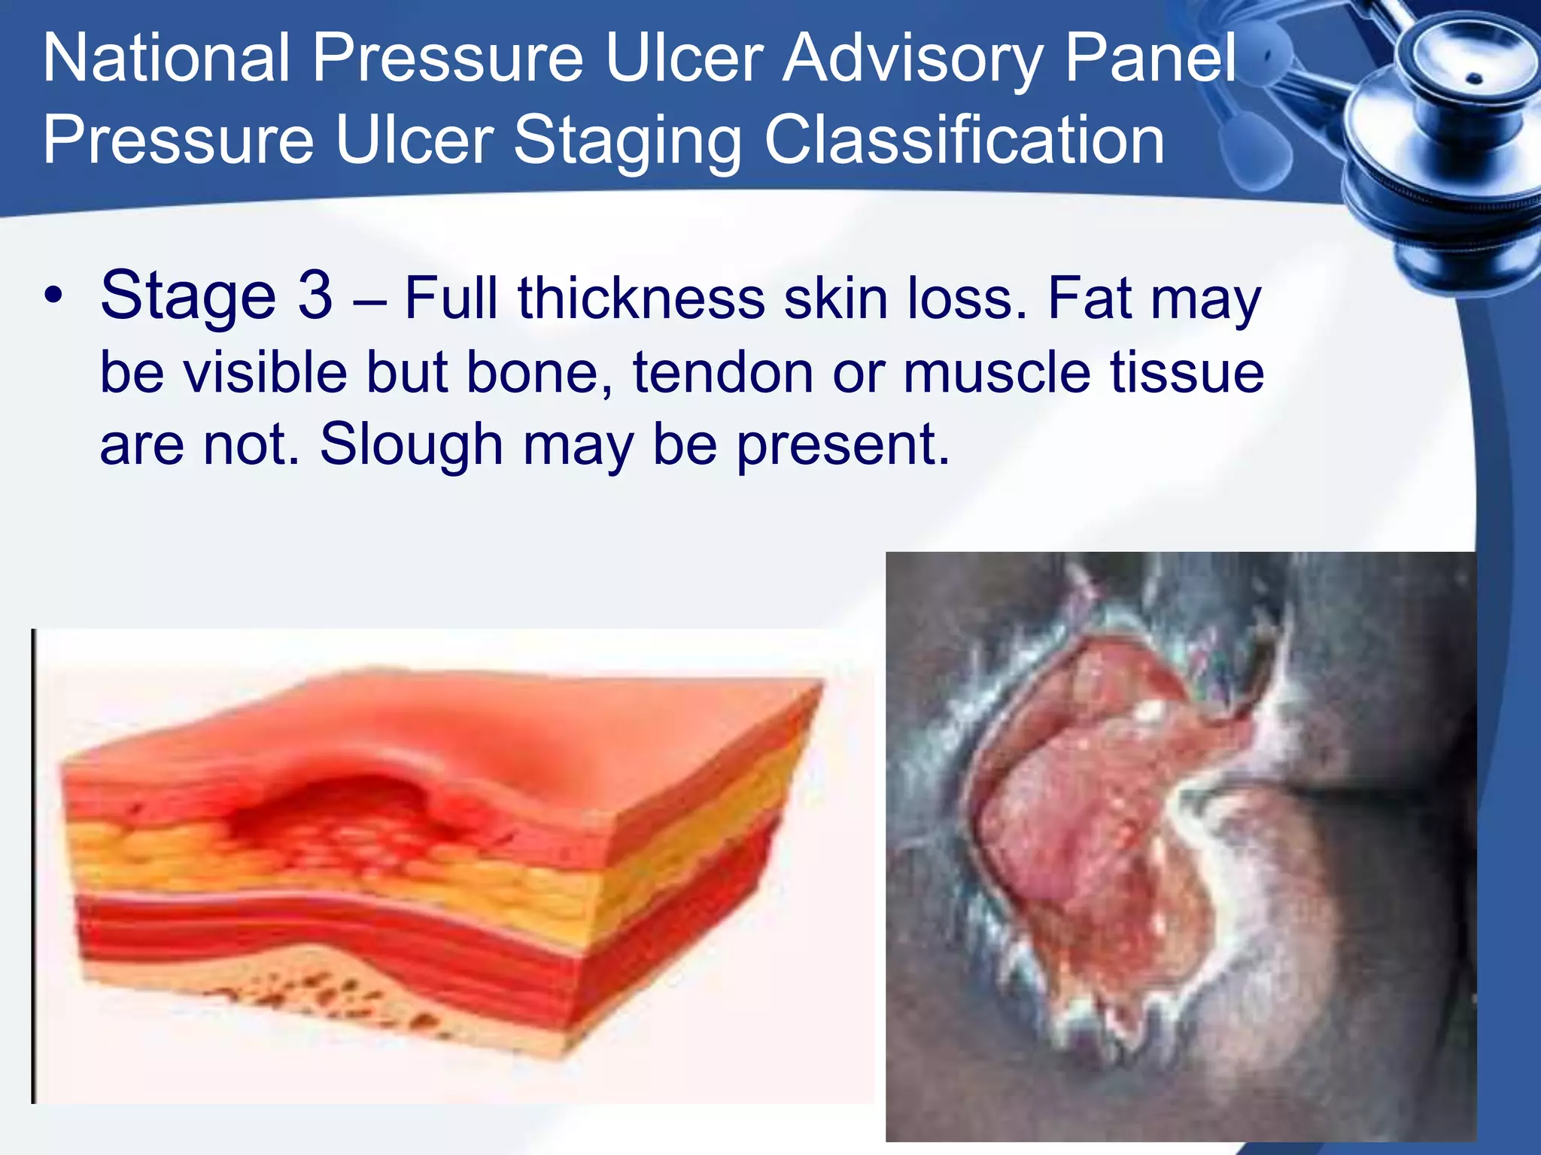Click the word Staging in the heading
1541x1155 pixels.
click(x=628, y=141)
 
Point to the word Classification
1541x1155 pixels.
click(x=964, y=141)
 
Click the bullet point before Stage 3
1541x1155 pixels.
click(x=53, y=296)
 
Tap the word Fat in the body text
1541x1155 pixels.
click(x=1090, y=299)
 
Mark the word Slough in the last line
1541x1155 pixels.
click(x=411, y=444)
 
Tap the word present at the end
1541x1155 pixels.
click(x=842, y=446)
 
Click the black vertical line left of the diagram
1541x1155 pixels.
click(x=33, y=865)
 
